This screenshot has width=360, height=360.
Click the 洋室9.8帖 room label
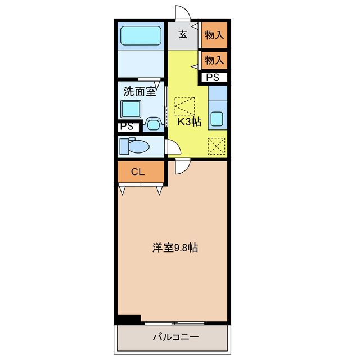pyautogui.click(x=174, y=247)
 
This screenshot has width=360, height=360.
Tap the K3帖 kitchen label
pyautogui.click(x=190, y=121)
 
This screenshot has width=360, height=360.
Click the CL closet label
pyautogui.click(x=138, y=172)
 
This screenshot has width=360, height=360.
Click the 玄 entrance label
pyautogui.click(x=183, y=34)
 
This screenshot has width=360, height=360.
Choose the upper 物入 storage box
pyautogui.click(x=214, y=35)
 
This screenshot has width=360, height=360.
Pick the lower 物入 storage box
pyautogui.click(x=214, y=59)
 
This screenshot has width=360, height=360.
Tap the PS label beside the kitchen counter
pyautogui.click(x=213, y=78)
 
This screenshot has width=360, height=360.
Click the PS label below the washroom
pyautogui.click(x=127, y=127)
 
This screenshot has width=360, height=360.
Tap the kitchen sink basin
pyautogui.click(x=217, y=119)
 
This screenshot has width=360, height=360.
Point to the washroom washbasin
pyautogui.click(x=152, y=122)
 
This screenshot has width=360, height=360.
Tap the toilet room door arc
pyautogui.click(x=173, y=148)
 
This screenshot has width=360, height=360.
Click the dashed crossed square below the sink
pyautogui.click(x=217, y=146)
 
